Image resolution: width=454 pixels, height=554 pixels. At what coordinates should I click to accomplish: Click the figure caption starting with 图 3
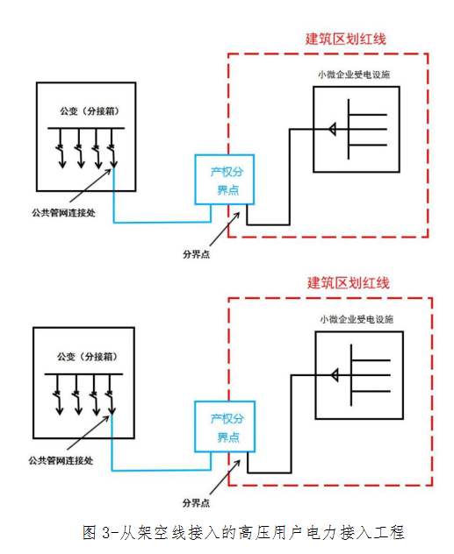coord(243,532)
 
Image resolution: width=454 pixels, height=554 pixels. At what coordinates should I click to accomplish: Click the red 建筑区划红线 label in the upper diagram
coord(346,39)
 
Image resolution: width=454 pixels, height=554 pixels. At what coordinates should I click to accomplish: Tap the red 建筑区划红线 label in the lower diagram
coord(349,283)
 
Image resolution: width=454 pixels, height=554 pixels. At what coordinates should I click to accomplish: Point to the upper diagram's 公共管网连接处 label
coord(64,213)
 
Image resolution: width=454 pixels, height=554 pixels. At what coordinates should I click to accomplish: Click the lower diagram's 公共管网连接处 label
coord(61,460)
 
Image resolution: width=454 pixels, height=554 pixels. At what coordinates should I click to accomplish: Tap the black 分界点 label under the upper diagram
coord(196,254)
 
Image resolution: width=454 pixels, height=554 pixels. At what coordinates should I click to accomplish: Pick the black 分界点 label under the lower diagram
coord(196,503)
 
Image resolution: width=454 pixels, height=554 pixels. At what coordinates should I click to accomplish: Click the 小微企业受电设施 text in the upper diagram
coord(354,75)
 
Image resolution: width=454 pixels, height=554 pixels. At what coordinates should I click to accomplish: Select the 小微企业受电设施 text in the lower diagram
coord(357,319)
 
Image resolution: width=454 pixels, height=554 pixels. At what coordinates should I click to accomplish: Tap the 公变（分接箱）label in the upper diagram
coord(90,111)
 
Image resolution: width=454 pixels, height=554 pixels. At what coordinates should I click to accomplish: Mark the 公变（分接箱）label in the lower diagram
coord(87,357)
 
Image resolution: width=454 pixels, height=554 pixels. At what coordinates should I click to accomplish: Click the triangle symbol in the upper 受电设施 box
coord(332,129)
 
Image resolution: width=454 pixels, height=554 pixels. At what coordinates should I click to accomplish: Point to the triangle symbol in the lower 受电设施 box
coord(335,375)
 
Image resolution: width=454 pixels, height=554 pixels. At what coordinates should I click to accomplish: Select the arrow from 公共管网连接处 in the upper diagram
coord(90,186)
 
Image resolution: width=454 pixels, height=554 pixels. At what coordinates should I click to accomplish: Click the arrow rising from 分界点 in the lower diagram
coord(225,477)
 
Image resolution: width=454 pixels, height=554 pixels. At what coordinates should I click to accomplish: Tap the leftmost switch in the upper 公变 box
coord(61,148)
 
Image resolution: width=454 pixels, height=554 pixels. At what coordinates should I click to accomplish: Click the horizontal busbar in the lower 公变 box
coord(83,373)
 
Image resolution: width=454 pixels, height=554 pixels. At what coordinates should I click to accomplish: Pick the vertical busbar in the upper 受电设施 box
coord(349,129)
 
